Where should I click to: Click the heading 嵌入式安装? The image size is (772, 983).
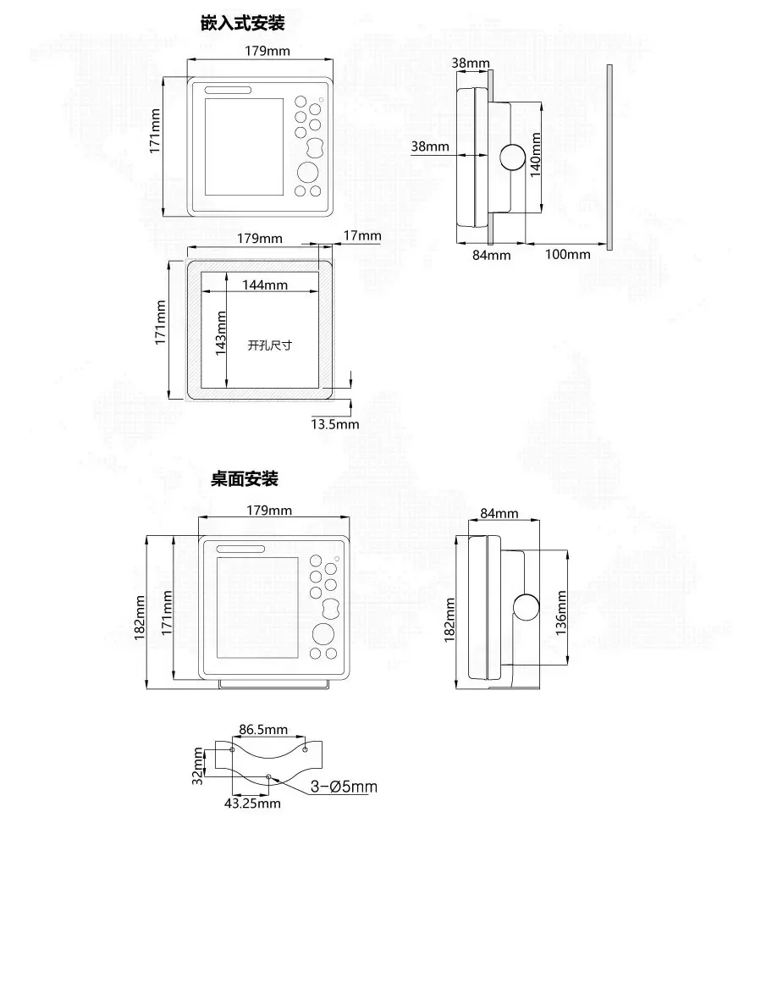coord(242,23)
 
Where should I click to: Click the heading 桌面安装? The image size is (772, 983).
coord(245,479)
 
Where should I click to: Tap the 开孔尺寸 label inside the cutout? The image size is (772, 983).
coord(269,345)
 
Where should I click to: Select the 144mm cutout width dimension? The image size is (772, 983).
coord(265,284)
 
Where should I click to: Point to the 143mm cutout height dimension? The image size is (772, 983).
coord(221,333)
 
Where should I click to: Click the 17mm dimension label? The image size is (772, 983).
coord(362,235)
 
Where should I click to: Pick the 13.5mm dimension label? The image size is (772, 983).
coord(335,424)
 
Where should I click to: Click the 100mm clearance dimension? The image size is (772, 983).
coord(568,254)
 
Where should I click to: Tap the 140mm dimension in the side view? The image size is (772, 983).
coord(535,155)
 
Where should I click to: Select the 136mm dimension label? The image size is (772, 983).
coord(561,612)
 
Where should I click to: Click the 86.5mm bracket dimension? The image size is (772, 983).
coord(263,730)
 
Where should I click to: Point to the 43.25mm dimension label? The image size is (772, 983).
coord(252,803)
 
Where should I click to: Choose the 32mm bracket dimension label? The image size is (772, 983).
coord(197,765)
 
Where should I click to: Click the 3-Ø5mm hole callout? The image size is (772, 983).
coord(344,787)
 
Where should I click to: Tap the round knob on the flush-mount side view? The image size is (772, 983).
coord(512,157)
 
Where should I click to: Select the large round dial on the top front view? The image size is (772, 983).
coord(307,173)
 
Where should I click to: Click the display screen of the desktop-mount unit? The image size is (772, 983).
coord(257,607)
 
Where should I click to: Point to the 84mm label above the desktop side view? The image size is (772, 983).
coord(499,513)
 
